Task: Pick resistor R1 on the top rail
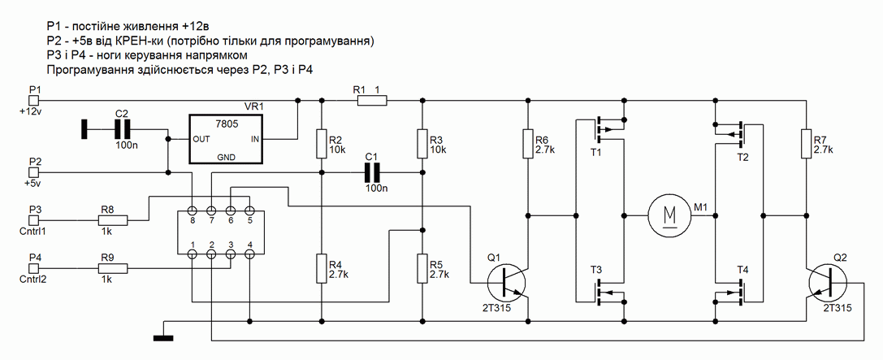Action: [371, 101]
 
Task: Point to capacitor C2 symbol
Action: [123, 128]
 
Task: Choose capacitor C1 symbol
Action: [373, 172]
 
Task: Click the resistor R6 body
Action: [529, 143]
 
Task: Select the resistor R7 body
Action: [806, 143]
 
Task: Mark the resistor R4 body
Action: [322, 267]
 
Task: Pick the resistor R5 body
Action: [422, 267]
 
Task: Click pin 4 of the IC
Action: [250, 255]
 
